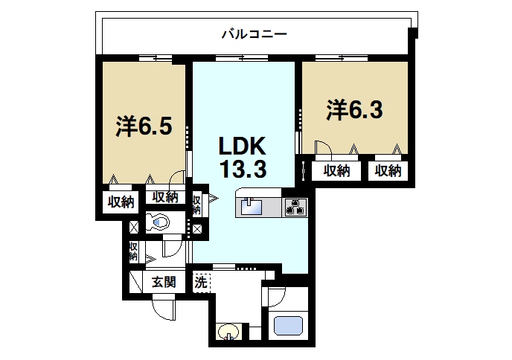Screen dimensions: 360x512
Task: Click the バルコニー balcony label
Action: (x=255, y=34)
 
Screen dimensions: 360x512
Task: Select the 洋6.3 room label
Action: (x=354, y=109)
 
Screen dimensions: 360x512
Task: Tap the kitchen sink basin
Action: (x=249, y=206)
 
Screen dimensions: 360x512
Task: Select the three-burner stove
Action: (x=295, y=207)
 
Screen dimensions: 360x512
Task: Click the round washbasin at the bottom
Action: (x=228, y=332)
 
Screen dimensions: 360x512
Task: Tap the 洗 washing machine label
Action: (x=200, y=282)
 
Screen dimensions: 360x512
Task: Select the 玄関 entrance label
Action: (x=164, y=282)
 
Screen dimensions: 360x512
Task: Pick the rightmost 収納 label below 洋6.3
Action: (x=388, y=170)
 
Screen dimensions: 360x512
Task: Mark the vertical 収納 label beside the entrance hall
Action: (x=133, y=251)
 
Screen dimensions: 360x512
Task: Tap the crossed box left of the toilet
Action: (x=133, y=227)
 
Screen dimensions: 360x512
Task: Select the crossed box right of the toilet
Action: (x=196, y=227)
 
